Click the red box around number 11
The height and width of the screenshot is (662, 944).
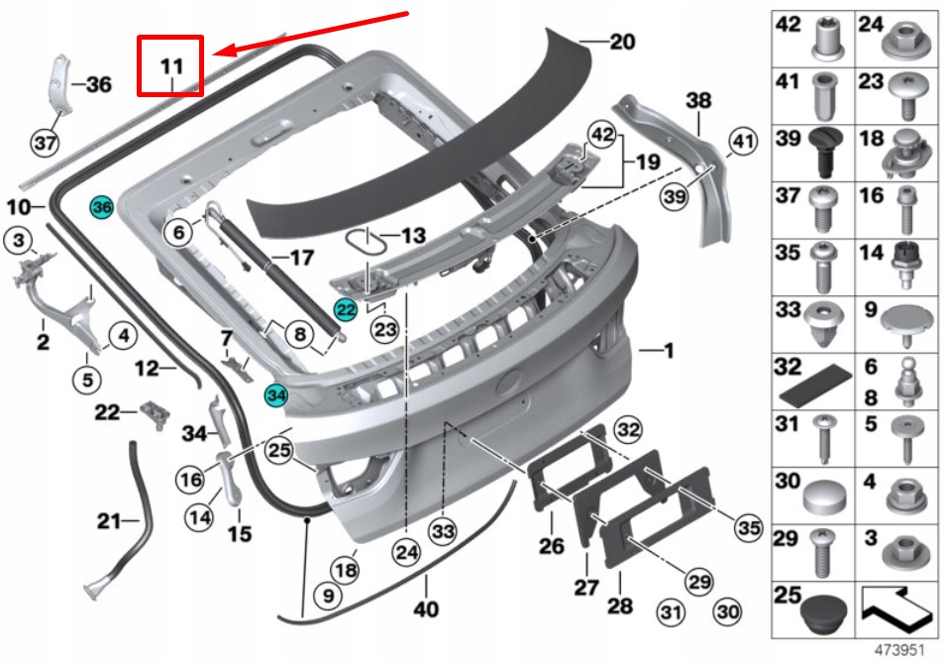pos(170,65)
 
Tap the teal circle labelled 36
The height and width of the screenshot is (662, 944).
pos(102,207)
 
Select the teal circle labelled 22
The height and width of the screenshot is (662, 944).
pos(345,309)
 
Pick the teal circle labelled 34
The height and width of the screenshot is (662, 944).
pos(275,395)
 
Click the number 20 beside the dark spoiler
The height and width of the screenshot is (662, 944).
pos(622,43)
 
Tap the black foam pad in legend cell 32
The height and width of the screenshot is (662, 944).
pos(816,382)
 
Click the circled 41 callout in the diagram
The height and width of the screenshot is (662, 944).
pos(742,144)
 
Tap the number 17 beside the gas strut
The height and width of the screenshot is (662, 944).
pos(300,258)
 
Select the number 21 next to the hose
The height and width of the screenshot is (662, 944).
pos(107,519)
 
